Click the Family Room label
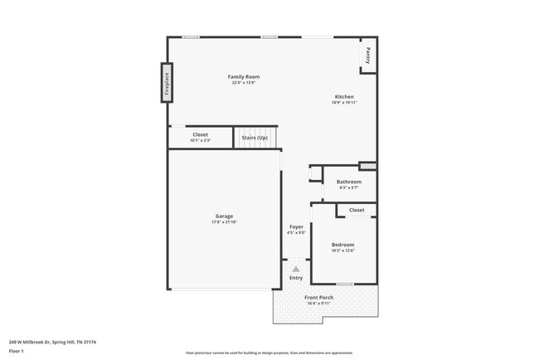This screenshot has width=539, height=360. [244, 76]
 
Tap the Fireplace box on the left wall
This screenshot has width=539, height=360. [167, 83]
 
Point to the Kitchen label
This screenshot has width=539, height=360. [343, 96]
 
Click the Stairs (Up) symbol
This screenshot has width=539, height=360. [254, 137]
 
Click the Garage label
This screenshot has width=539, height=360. [224, 216]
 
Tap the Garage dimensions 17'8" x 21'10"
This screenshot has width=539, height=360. [224, 223]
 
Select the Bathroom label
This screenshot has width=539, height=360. [348, 182]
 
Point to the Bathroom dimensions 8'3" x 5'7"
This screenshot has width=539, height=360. [348, 188]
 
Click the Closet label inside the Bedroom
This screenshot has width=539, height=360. [357, 211]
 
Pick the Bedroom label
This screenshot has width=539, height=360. [342, 245]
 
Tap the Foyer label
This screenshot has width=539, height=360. [296, 226]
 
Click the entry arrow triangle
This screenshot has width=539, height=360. [296, 269]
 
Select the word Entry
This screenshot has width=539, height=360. [296, 278]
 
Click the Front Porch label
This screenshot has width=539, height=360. [318, 297]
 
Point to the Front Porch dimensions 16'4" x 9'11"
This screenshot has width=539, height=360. [318, 304]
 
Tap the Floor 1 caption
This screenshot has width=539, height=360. [17, 350]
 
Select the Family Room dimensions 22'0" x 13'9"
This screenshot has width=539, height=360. [244, 83]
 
